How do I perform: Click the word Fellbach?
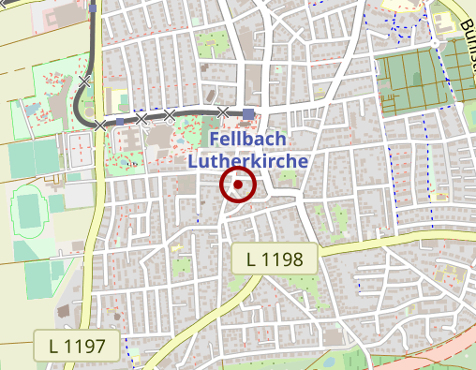click(x=242, y=139)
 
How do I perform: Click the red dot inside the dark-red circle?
click(x=238, y=185)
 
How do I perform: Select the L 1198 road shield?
click(x=275, y=259)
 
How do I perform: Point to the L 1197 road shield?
click(x=77, y=346)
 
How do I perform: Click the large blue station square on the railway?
click(x=248, y=114)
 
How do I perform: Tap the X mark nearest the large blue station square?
click(x=223, y=112)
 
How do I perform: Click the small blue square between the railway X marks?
click(x=121, y=121)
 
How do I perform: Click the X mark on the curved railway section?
click(x=85, y=82)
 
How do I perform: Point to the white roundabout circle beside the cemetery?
click(x=437, y=43)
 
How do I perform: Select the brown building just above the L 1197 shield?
click(x=67, y=309)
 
